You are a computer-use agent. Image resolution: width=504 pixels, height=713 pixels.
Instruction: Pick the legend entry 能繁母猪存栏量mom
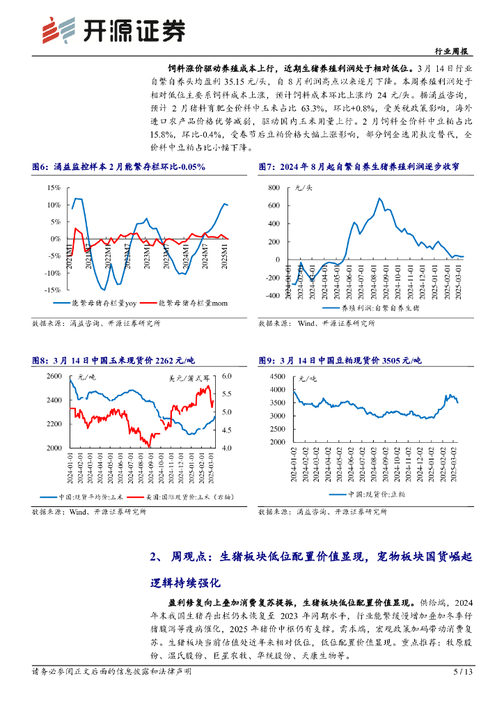tap(189, 303)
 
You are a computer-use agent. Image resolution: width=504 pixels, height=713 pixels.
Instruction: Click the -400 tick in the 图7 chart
tap(271, 296)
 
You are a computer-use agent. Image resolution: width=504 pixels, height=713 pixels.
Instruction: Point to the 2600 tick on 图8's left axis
tap(54, 377)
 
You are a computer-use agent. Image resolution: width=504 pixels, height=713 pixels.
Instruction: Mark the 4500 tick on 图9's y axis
tap(276, 377)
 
